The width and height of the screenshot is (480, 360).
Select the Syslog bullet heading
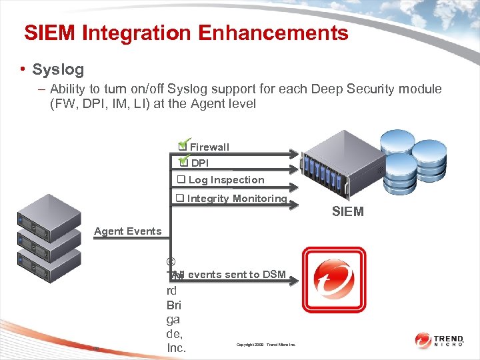(58, 69)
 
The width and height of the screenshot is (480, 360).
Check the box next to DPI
(183, 162)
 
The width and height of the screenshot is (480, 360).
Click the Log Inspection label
(226, 180)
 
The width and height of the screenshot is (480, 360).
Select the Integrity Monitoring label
(237, 198)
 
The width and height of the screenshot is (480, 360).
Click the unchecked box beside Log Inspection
(180, 180)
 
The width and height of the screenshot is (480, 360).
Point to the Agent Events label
(127, 231)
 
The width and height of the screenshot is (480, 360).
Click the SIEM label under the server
(348, 212)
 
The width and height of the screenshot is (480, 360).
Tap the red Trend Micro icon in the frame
(334, 279)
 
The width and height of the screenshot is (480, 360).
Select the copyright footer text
(265, 345)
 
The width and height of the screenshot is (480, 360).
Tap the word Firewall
(209, 147)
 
